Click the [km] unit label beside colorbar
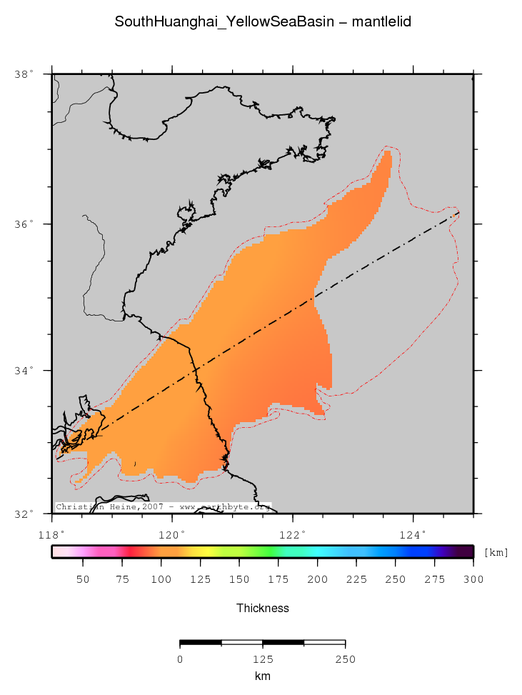(x=496, y=552)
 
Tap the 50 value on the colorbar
(x=83, y=579)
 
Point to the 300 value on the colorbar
(x=473, y=579)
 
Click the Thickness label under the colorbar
(x=263, y=608)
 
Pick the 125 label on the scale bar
(x=263, y=659)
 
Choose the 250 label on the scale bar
(x=346, y=659)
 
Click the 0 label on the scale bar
(x=180, y=659)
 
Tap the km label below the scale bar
(x=263, y=675)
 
